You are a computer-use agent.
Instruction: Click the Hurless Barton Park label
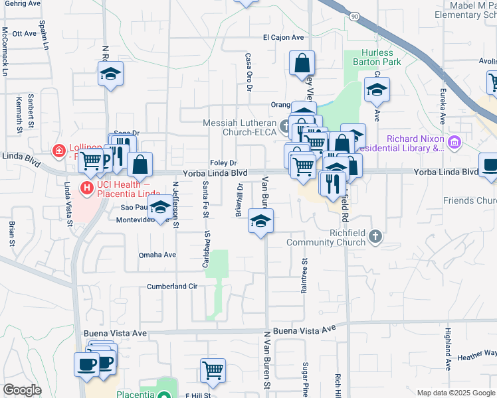377,57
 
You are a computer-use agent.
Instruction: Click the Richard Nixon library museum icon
454,141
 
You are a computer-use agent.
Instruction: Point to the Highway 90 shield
355,15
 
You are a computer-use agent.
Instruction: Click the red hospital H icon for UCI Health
86,188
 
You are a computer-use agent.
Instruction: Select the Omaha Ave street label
157,255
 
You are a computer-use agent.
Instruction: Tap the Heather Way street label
477,355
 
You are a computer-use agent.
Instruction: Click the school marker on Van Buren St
260,222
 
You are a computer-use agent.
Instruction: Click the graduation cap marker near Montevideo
159,208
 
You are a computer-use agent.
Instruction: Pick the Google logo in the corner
22,390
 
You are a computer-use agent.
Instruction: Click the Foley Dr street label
223,163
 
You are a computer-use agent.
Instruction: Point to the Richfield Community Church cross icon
375,236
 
